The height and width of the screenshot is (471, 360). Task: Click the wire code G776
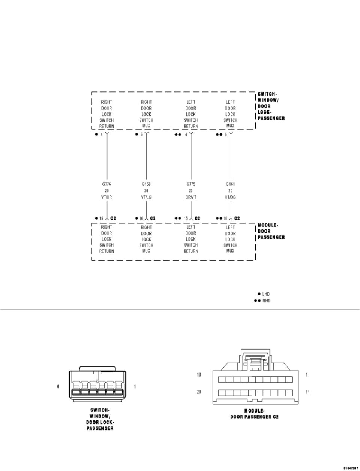(x=106, y=184)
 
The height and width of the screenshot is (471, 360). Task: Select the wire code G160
(x=146, y=184)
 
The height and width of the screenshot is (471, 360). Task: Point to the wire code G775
(x=190, y=184)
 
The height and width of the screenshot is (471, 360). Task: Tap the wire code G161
(x=230, y=184)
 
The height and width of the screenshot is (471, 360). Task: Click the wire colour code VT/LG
(x=146, y=197)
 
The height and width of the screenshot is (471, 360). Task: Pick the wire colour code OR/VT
(x=190, y=197)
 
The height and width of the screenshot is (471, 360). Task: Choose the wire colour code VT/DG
(x=230, y=197)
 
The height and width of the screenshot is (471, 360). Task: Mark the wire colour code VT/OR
(x=106, y=197)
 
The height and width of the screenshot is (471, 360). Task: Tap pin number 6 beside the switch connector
(x=58, y=386)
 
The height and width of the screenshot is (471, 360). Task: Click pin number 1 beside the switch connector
(x=135, y=386)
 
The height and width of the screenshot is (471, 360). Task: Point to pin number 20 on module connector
(x=199, y=392)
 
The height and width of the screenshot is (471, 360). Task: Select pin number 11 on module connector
(x=307, y=392)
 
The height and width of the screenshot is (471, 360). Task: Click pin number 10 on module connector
(x=199, y=375)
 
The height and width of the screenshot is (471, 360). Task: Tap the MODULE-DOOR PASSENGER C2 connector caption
(x=254, y=414)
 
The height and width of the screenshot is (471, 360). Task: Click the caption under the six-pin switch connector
(x=100, y=419)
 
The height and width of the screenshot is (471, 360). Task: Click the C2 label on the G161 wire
(x=237, y=218)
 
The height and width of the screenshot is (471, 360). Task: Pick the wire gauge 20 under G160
(x=146, y=191)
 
